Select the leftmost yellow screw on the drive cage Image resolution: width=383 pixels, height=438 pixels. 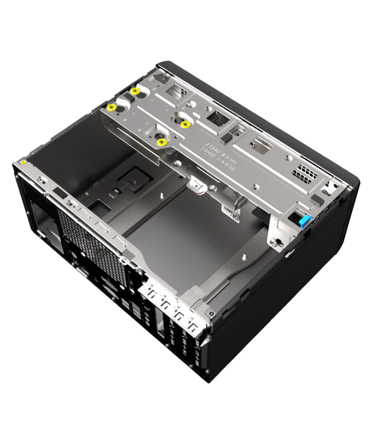pyautogui.click(x=111, y=107)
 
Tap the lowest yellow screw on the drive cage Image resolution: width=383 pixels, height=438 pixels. pyautogui.click(x=161, y=142)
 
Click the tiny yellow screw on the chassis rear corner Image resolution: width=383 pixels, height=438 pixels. pyautogui.click(x=25, y=162)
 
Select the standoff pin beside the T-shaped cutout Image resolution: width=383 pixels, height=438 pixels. pyautogui.click(x=164, y=193)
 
